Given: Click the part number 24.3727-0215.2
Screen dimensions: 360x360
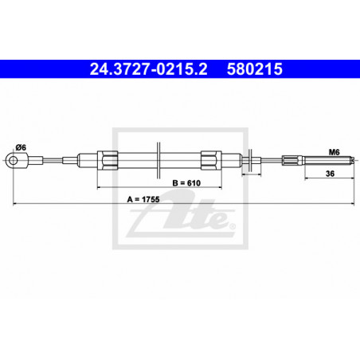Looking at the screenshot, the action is click(x=148, y=69).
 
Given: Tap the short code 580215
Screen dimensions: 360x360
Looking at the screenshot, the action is click(x=255, y=69).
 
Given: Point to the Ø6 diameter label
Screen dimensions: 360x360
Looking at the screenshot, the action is click(x=21, y=147).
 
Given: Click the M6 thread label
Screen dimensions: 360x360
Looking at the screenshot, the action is click(x=335, y=152).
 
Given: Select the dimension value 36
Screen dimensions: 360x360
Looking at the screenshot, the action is click(x=330, y=174).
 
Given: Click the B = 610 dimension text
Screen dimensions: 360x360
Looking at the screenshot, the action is click(x=186, y=183).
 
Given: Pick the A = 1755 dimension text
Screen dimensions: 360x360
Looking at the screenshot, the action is click(x=143, y=199).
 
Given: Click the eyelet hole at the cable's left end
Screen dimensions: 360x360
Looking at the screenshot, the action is click(x=13, y=161).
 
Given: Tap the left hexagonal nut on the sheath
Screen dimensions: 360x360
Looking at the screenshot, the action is click(x=108, y=160).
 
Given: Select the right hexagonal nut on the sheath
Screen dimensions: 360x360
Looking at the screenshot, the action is click(x=211, y=160).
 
